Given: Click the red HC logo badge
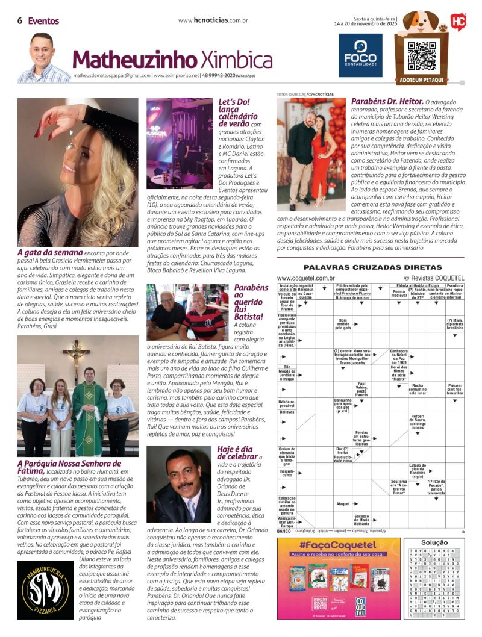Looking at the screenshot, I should click(x=459, y=22).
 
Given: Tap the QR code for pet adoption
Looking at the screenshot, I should click(x=422, y=56).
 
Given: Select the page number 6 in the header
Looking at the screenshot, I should click(x=20, y=20).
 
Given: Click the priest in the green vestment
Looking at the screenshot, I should click(x=89, y=409).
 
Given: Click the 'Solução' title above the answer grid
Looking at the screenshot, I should click(x=434, y=542).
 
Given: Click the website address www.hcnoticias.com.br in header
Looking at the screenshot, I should click(x=214, y=20).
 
